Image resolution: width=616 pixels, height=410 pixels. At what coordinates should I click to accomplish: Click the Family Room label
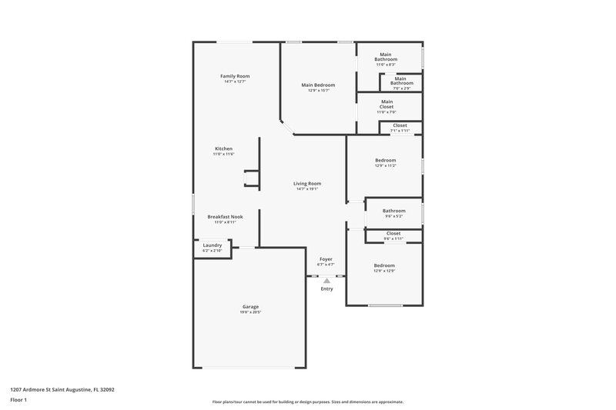point(235,76)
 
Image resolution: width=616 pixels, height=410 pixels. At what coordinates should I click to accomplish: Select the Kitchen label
point(223,148)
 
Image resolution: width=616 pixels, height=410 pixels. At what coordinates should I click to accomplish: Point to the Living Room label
point(307,183)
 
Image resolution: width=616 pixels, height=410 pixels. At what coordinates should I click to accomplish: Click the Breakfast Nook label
point(225,217)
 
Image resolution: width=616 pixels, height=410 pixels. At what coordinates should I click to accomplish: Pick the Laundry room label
point(212,245)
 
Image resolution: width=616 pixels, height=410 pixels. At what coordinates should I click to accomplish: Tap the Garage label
point(250,307)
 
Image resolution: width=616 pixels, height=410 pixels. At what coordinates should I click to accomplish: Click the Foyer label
point(326,259)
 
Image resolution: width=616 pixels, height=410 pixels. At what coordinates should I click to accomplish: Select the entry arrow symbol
point(326,281)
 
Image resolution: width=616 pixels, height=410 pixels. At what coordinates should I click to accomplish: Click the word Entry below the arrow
point(326,288)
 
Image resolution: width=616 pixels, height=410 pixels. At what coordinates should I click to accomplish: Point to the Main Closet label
point(387,104)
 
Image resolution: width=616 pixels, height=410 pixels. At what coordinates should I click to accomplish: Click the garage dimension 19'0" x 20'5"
point(250,312)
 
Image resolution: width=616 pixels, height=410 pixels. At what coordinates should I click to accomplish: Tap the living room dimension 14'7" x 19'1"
point(307,189)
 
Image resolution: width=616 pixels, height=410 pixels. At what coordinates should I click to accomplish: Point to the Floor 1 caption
point(18,401)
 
